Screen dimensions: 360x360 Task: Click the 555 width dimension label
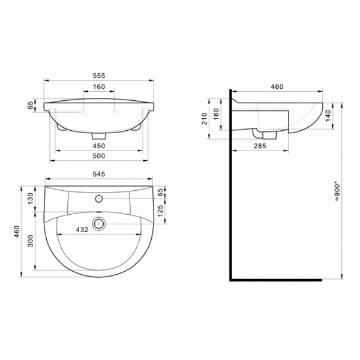[99, 76]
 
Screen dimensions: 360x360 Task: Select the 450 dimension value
[99, 146]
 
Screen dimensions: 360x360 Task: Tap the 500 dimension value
[99, 156]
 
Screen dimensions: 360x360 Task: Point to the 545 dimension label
[99, 174]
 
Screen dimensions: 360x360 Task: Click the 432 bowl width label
[82, 229]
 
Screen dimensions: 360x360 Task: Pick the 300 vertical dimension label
[31, 241]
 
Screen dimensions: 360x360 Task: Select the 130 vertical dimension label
[31, 199]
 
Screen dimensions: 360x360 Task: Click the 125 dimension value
[160, 211]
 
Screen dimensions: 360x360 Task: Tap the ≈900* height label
[337, 192]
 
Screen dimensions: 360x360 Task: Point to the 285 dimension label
[260, 146]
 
